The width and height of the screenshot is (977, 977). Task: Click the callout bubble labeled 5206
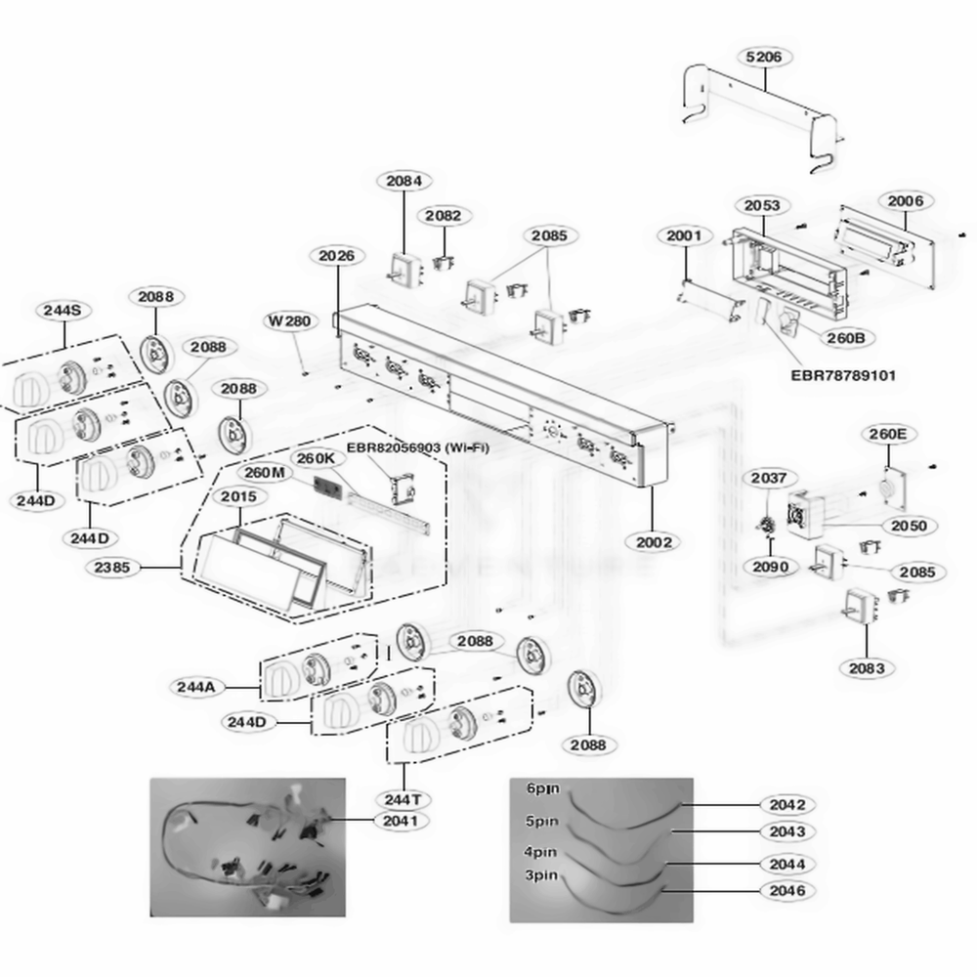(x=763, y=58)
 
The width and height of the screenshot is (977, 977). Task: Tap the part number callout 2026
(x=336, y=256)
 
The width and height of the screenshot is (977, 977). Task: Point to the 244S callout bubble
(x=63, y=310)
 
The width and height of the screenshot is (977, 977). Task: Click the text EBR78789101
(x=843, y=374)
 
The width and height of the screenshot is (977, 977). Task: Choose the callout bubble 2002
(x=654, y=542)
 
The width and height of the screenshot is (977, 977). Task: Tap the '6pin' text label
(x=541, y=787)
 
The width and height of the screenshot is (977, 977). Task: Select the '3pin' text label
(x=541, y=875)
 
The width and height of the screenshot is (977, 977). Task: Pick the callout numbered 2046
(x=786, y=891)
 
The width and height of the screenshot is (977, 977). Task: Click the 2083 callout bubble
(x=866, y=668)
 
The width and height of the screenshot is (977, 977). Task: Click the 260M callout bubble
(x=265, y=473)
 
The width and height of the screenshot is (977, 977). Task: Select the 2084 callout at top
(x=404, y=181)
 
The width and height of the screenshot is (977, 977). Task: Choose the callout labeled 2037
(x=769, y=478)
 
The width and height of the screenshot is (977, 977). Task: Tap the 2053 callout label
(x=762, y=205)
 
